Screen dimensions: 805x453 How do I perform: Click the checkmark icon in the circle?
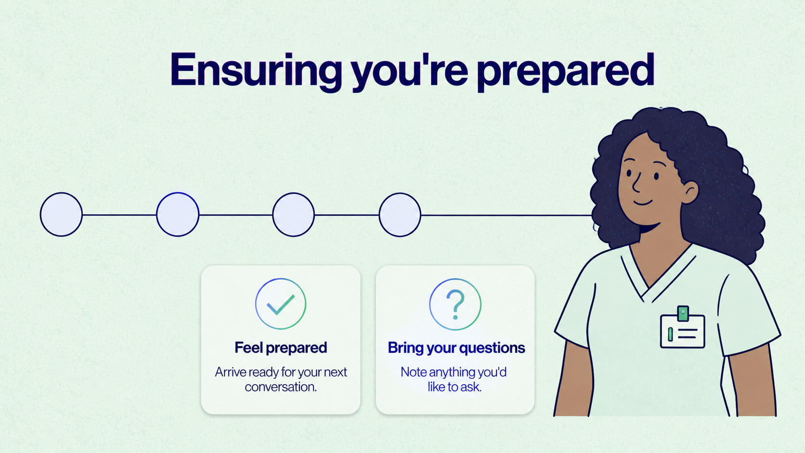[x=281, y=304]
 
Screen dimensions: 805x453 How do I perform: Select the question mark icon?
[x=455, y=305]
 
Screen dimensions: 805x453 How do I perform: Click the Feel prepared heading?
[x=281, y=348]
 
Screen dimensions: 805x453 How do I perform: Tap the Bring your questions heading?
[x=456, y=348]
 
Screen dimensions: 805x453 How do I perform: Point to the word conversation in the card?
[x=280, y=387]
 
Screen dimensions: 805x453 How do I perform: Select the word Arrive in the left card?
[x=230, y=372]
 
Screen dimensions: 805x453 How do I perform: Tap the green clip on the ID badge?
[x=683, y=313]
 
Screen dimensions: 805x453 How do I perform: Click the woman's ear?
[x=689, y=193]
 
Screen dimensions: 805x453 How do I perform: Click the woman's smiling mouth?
[x=643, y=202]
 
